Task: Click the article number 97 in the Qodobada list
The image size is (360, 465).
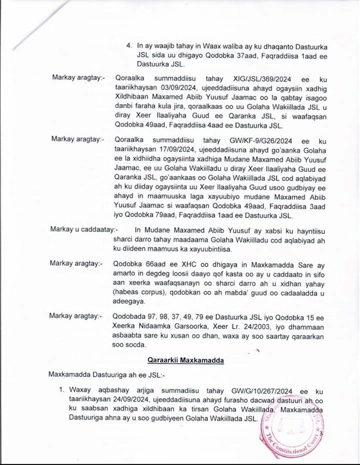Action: coord(150,315)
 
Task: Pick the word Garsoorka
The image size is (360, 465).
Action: coord(179,325)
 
